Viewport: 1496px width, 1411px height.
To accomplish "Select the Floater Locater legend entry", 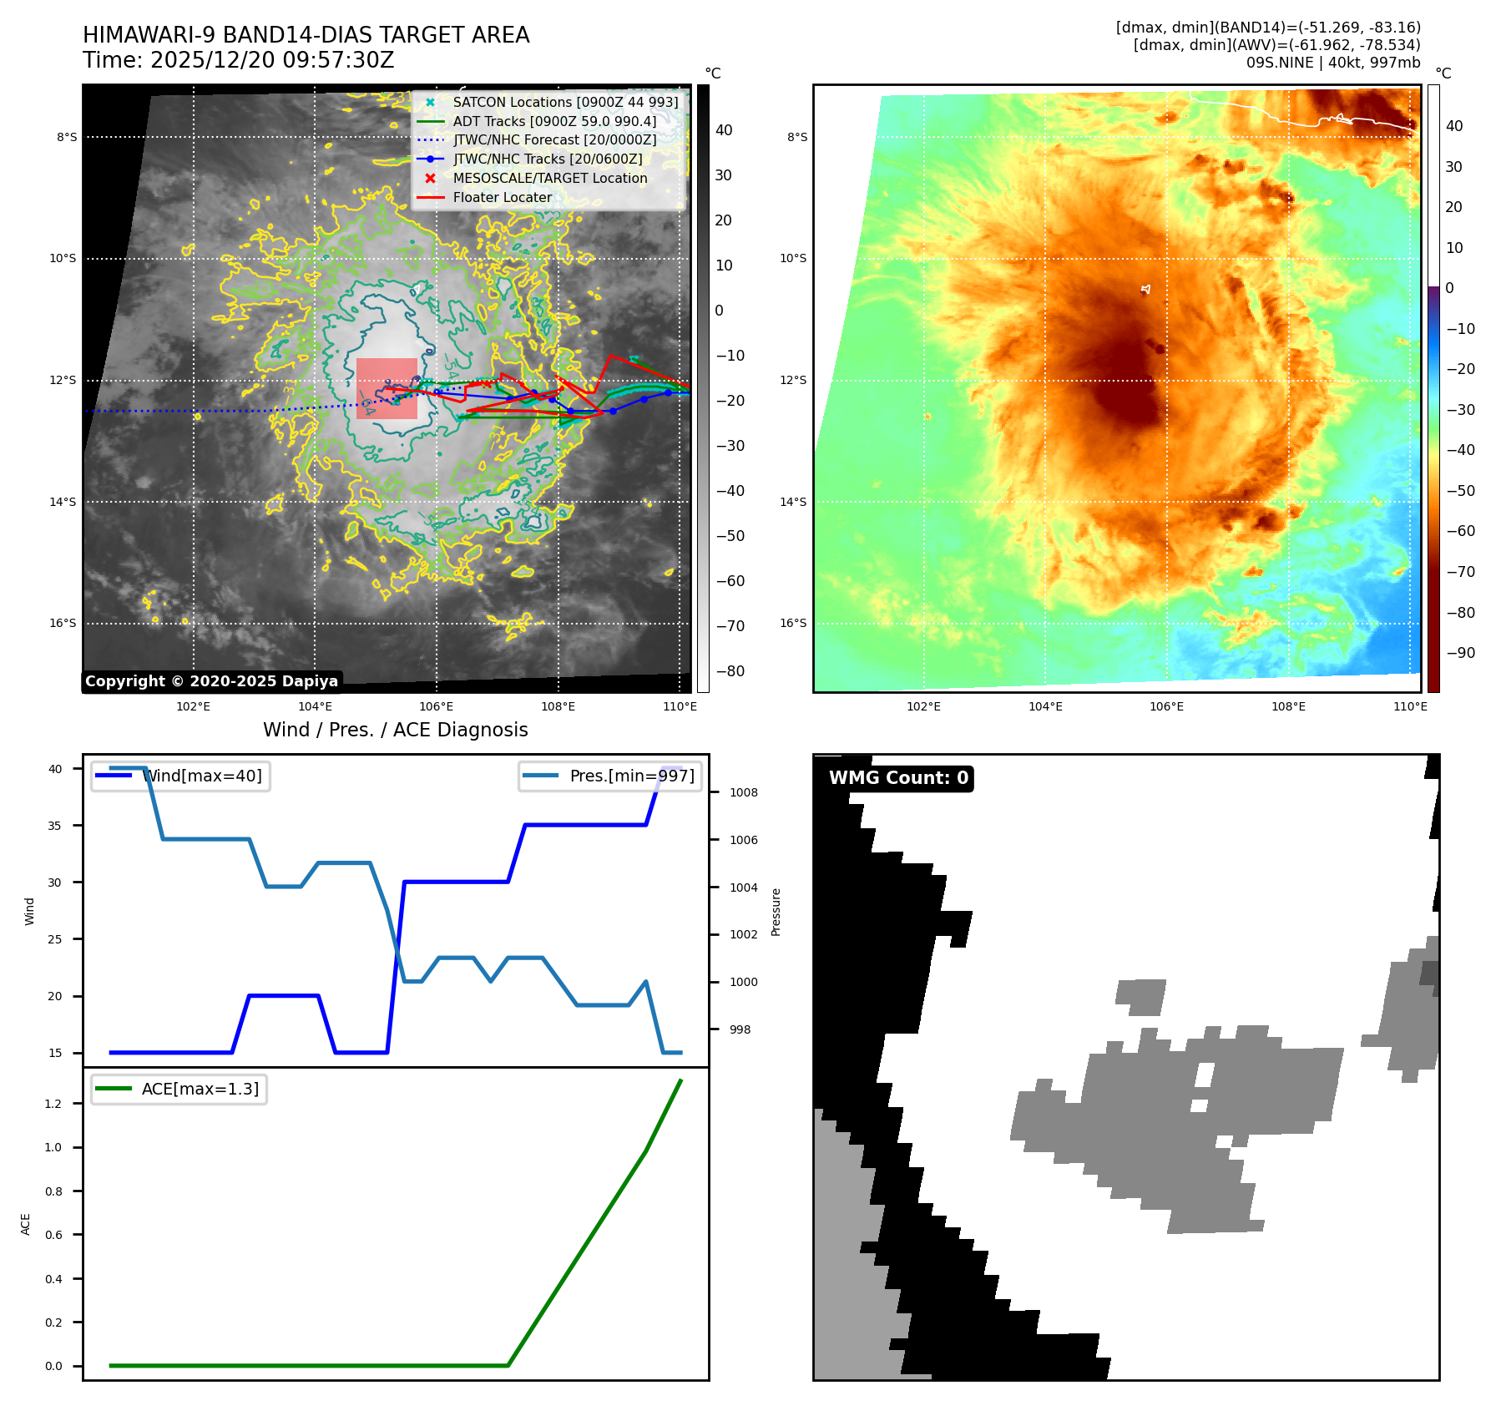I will click(x=502, y=197).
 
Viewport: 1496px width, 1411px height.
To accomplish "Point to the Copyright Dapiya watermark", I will click(x=211, y=681).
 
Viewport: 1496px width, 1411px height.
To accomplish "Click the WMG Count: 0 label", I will click(x=898, y=778).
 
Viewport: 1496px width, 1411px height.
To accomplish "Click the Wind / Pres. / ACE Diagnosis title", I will click(x=395, y=730).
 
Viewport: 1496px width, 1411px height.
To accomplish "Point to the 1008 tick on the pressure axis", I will click(x=743, y=792).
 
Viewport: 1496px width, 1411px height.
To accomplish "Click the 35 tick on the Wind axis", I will click(x=55, y=826).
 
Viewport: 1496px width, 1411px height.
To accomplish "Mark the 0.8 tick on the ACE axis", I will click(x=53, y=1191).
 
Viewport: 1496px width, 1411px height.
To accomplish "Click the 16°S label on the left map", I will click(x=63, y=623).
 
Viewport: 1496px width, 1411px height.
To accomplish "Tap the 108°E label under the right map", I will click(x=1288, y=706).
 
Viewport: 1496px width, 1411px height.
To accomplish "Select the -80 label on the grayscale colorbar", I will click(x=730, y=671).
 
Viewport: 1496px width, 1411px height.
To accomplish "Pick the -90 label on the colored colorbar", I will click(x=1460, y=653).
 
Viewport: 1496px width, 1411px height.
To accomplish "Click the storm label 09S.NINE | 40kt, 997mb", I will click(x=1332, y=63).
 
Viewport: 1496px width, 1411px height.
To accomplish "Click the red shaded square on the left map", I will click(x=387, y=388).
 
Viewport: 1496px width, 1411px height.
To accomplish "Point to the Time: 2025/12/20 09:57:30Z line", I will click(x=238, y=60).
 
